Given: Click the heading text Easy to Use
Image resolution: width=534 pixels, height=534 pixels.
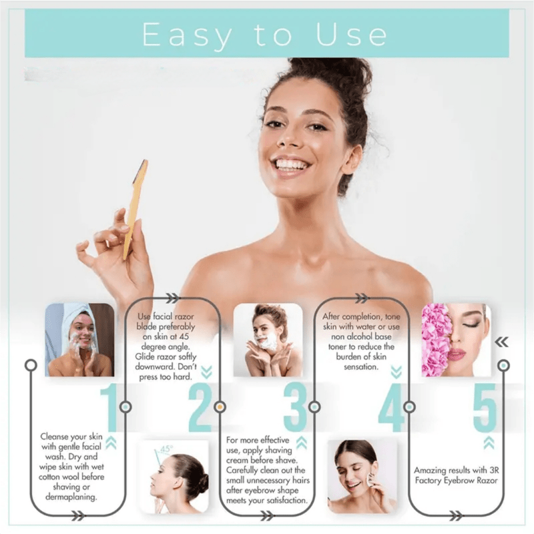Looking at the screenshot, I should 265,34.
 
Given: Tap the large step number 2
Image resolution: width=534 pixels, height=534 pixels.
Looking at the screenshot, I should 200,407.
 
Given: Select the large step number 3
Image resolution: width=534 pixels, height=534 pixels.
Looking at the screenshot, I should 295,407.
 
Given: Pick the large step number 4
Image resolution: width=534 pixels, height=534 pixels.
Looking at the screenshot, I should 390,407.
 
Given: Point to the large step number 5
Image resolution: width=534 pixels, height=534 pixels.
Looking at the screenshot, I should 485,407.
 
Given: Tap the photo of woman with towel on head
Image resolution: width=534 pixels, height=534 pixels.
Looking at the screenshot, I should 79,340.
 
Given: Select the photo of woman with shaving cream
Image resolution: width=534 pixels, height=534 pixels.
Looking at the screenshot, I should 268,340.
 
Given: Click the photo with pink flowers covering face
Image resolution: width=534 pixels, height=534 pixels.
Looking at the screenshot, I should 456,340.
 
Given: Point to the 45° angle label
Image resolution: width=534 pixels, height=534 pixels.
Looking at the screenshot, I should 165,449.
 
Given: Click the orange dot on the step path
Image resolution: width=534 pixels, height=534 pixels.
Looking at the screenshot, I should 220,407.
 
